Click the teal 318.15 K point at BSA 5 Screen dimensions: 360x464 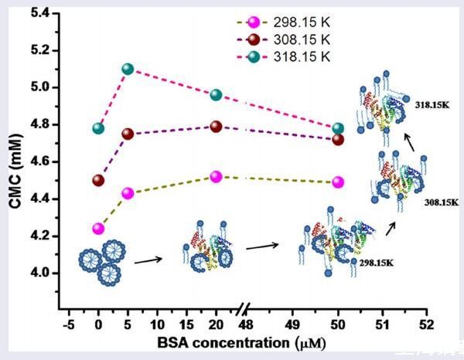[128, 69]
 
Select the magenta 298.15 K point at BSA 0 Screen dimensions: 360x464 [98, 229]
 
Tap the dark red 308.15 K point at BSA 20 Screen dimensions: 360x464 [216, 127]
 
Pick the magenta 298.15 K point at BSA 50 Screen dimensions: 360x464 [338, 182]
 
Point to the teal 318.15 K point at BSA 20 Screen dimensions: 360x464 [216, 95]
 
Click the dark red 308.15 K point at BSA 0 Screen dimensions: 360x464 [98, 181]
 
